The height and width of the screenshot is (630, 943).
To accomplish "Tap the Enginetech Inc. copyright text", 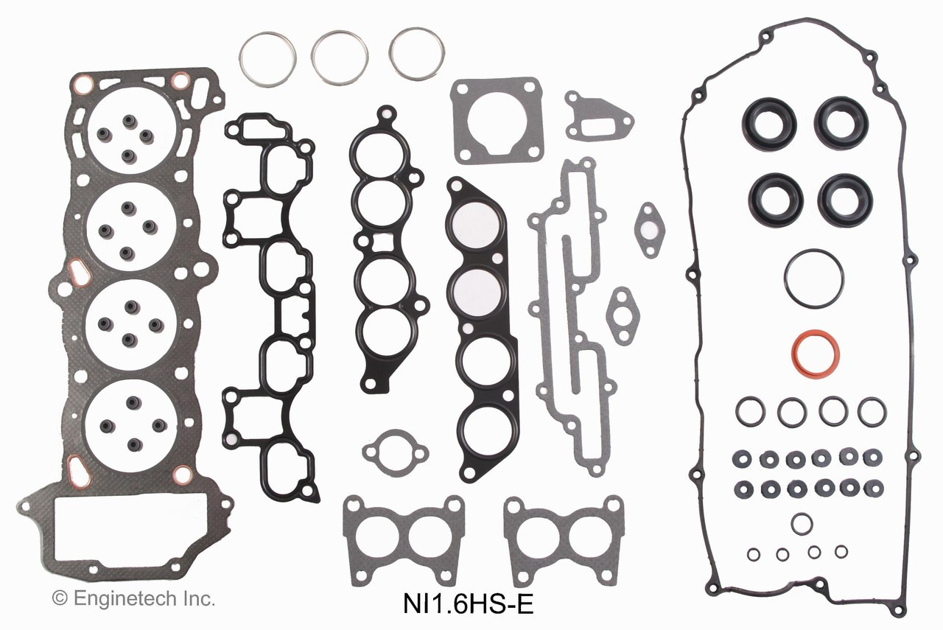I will point(133,598).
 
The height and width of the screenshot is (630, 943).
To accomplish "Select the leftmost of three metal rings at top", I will point(267,59).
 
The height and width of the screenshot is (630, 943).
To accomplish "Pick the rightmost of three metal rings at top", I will point(417,54).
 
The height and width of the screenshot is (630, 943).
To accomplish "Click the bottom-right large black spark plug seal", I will point(844,200).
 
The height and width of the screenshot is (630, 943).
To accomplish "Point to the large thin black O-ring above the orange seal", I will point(813,276).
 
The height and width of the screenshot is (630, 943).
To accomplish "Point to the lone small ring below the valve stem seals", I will point(802,523).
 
